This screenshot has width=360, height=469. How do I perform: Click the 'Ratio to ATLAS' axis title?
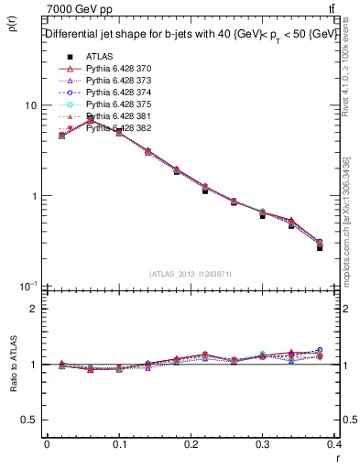(x=12, y=365)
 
